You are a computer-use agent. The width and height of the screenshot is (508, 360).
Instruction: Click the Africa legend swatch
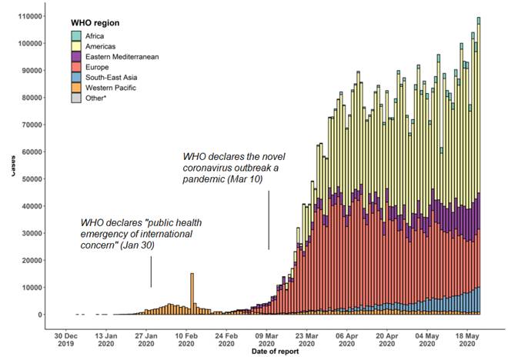pos(76,35)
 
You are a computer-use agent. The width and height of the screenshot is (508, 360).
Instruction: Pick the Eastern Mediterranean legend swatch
pos(76,57)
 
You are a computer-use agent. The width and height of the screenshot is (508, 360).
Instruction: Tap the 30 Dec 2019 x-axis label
pos(65,340)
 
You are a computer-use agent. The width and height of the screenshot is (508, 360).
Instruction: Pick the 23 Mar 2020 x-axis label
pos(306,340)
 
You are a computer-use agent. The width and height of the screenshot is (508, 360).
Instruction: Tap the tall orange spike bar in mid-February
pos(192,293)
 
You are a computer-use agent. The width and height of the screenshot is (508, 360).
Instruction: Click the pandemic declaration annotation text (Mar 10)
pos(243,167)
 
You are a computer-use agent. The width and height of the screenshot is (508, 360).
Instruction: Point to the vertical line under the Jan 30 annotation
pos(151,272)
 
